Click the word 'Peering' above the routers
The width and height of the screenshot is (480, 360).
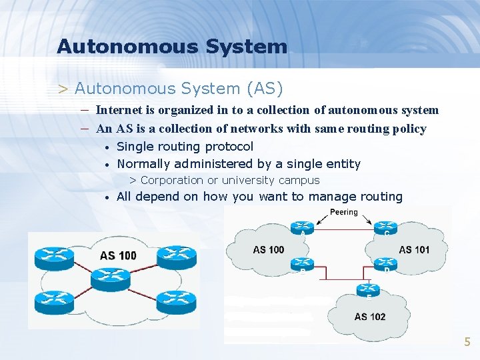coord(344,212)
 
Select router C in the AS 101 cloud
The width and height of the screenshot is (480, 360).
coord(385,227)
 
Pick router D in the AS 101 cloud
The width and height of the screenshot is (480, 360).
coord(385,263)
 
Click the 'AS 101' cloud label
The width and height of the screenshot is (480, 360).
coord(414,250)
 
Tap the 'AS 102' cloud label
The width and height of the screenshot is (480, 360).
coord(369,317)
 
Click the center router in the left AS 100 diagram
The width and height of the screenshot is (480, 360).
coord(115,275)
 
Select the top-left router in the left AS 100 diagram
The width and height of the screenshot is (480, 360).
coord(55,255)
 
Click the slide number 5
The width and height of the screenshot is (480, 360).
coord(467,342)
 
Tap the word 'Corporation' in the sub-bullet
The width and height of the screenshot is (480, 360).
coord(172,180)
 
